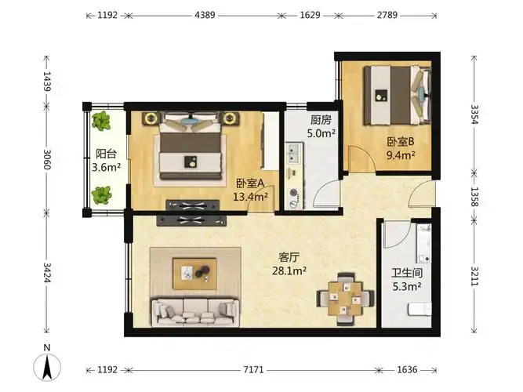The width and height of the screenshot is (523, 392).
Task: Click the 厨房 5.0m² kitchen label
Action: tap(322, 127)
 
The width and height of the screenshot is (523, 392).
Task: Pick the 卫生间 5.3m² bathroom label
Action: tap(407, 281)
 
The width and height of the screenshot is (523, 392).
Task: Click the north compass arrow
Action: tap(48, 365)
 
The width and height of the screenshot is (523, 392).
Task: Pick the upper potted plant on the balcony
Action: tap(101, 122)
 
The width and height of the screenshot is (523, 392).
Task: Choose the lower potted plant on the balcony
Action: tap(101, 195)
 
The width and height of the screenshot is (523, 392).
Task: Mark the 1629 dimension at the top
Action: tap(311, 15)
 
